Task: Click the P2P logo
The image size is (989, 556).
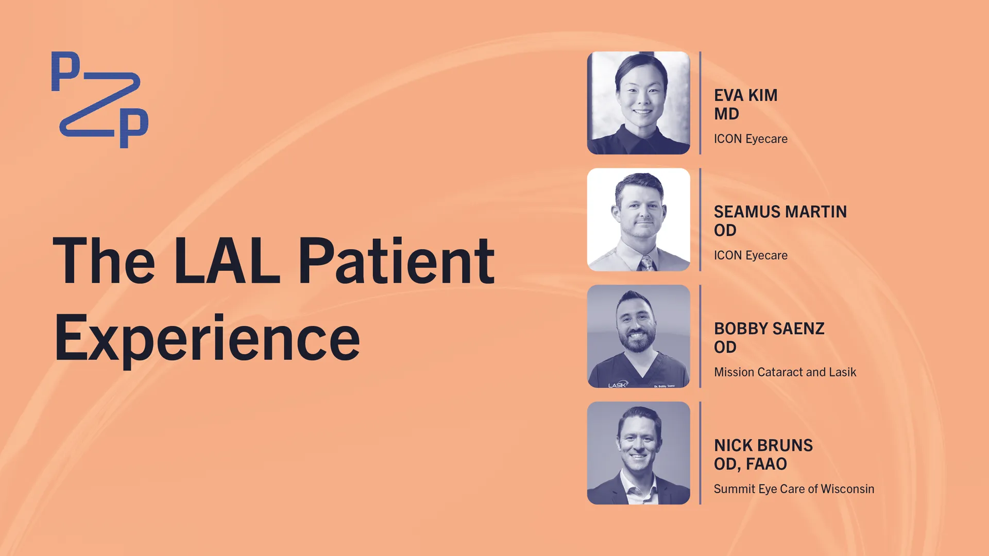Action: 100,100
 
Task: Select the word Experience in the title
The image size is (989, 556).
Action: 207,338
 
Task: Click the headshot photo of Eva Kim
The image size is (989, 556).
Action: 639,103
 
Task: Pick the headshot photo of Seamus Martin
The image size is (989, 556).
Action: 639,220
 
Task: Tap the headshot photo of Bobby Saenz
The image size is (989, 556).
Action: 639,336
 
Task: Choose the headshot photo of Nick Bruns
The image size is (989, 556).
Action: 639,453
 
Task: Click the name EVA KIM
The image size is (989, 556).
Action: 745,95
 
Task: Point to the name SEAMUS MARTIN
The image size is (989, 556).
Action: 780,212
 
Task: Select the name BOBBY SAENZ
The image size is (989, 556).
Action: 769,328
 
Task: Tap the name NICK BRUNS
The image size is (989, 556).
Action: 763,445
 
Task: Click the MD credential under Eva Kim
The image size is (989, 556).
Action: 726,114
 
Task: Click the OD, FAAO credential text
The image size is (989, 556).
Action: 751,464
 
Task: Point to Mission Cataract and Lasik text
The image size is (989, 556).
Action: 785,372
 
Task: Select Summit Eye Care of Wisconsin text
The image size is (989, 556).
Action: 794,489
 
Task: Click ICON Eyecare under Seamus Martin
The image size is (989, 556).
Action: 751,255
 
